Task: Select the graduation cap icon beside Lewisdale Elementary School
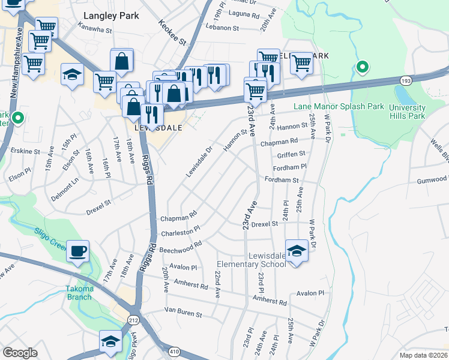(x=297, y=251)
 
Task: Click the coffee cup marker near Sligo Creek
(x=78, y=251)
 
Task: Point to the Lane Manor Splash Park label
(x=339, y=106)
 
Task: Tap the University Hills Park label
(x=407, y=112)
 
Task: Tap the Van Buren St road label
(x=184, y=313)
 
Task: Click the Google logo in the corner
(x=20, y=353)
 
